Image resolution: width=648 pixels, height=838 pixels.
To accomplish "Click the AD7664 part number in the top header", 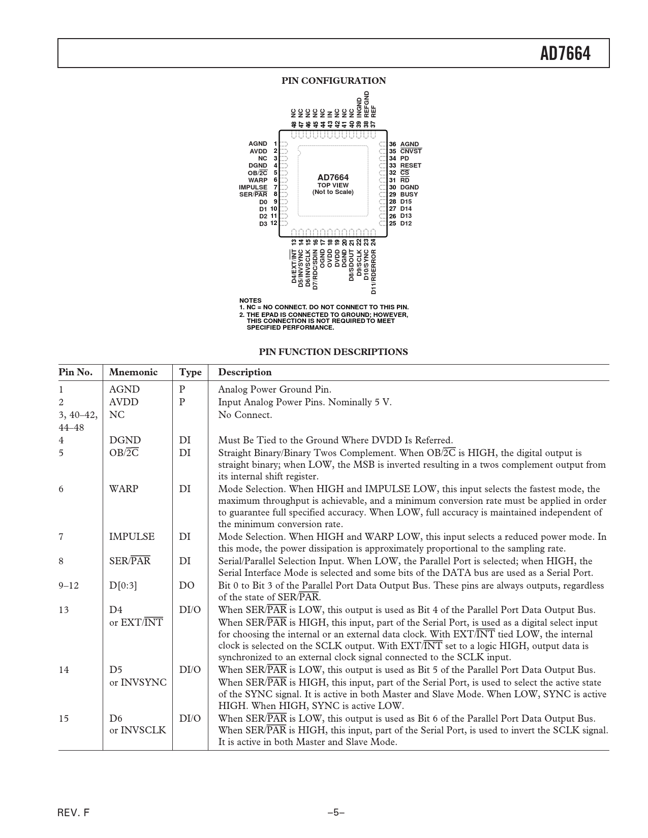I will tap(565, 53).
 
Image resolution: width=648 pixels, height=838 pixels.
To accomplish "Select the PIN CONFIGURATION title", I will tap(333, 81).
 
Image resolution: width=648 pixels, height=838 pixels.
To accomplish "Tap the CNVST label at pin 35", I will tap(411, 151).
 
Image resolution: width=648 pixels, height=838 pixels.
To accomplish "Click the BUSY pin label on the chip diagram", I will tap(409, 195).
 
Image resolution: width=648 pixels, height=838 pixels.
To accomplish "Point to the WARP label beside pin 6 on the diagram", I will tap(258, 180).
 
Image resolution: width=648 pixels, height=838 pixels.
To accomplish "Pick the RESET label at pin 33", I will tap(411, 166).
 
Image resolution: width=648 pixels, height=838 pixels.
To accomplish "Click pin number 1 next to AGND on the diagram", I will tap(275, 144).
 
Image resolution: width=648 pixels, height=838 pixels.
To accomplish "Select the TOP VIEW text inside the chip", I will tap(333, 185).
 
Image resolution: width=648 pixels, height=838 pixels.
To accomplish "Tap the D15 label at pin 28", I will tap(406, 202).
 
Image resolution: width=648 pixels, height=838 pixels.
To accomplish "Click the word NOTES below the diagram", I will tap(251, 301).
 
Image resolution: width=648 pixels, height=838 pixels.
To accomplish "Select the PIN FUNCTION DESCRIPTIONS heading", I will tap(333, 352).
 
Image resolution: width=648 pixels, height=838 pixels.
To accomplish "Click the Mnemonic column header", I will tap(134, 372).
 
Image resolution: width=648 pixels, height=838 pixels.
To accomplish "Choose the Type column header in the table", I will tap(190, 372).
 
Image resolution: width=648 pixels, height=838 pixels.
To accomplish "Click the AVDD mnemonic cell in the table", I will tap(124, 402).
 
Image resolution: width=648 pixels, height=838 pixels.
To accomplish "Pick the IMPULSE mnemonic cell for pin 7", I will tap(132, 537).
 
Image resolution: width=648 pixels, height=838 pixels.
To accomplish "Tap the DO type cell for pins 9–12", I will tap(187, 586).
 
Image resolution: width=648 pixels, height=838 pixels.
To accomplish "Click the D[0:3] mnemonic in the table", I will tap(123, 586).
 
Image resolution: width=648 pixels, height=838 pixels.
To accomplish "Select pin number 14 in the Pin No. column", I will tap(64, 670).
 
